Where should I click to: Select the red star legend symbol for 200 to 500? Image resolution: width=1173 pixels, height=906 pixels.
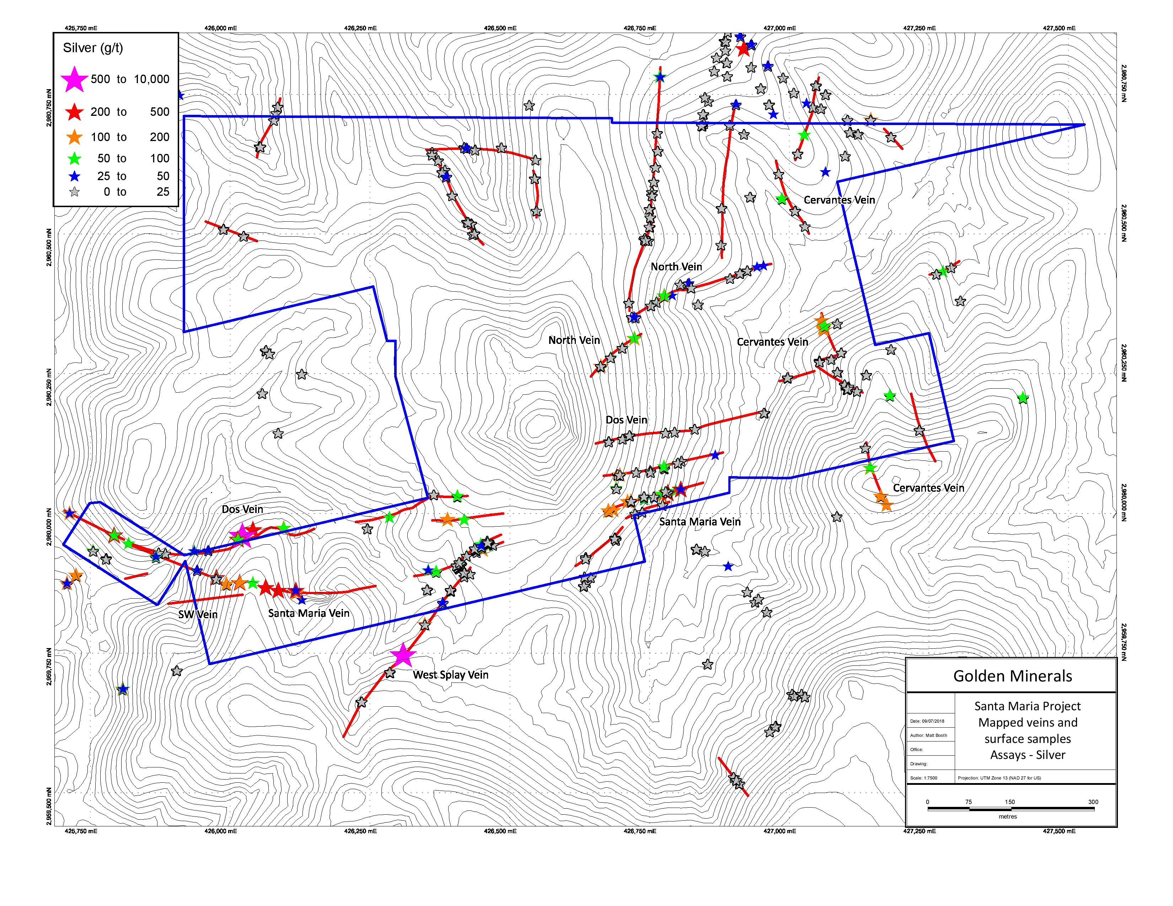74,112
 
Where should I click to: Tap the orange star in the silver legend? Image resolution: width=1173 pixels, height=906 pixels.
75,137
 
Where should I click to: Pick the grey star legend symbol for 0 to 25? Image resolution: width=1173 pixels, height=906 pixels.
75,192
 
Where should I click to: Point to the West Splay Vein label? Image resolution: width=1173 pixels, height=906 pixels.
451,675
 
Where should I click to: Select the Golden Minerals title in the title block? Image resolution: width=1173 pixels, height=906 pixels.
1012,676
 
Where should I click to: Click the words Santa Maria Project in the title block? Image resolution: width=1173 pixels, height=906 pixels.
1028,706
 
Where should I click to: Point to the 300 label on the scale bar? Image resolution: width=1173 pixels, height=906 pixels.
1093,802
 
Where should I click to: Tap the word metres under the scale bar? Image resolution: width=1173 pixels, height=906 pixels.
1008,816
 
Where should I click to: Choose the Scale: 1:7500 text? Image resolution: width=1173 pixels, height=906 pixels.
924,778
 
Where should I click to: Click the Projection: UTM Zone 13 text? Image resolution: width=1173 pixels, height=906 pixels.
999,778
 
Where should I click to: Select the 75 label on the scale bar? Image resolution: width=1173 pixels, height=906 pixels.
968,802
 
